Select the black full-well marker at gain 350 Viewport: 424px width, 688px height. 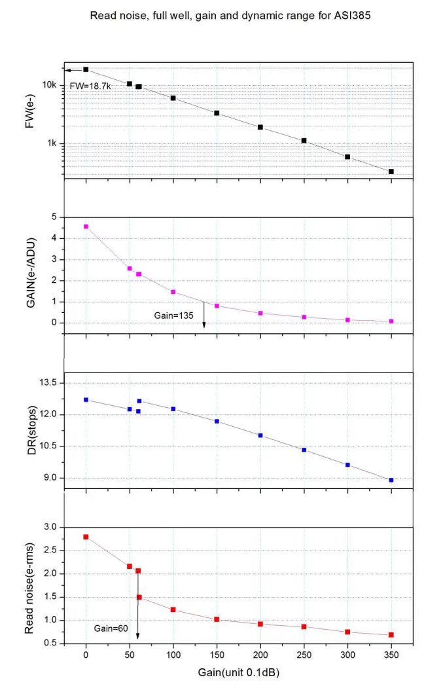tap(391, 172)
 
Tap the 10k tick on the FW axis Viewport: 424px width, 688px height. tap(50, 85)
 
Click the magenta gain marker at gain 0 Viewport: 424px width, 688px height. tap(86, 226)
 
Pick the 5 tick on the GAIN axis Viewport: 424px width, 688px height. tap(55, 217)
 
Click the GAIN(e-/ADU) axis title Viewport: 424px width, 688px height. tap(29, 270)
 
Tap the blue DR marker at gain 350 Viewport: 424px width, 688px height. tap(391, 480)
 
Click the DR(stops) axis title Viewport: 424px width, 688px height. tap(29, 430)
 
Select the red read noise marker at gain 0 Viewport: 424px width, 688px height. tap(86, 537)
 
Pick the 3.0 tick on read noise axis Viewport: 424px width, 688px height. tap(50, 527)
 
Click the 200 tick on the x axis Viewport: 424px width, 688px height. tap(260, 655)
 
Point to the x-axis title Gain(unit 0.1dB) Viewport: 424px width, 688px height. tap(238, 672)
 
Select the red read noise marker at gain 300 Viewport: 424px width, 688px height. tap(347, 632)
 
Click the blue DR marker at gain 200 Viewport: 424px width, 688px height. tap(260, 435)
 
